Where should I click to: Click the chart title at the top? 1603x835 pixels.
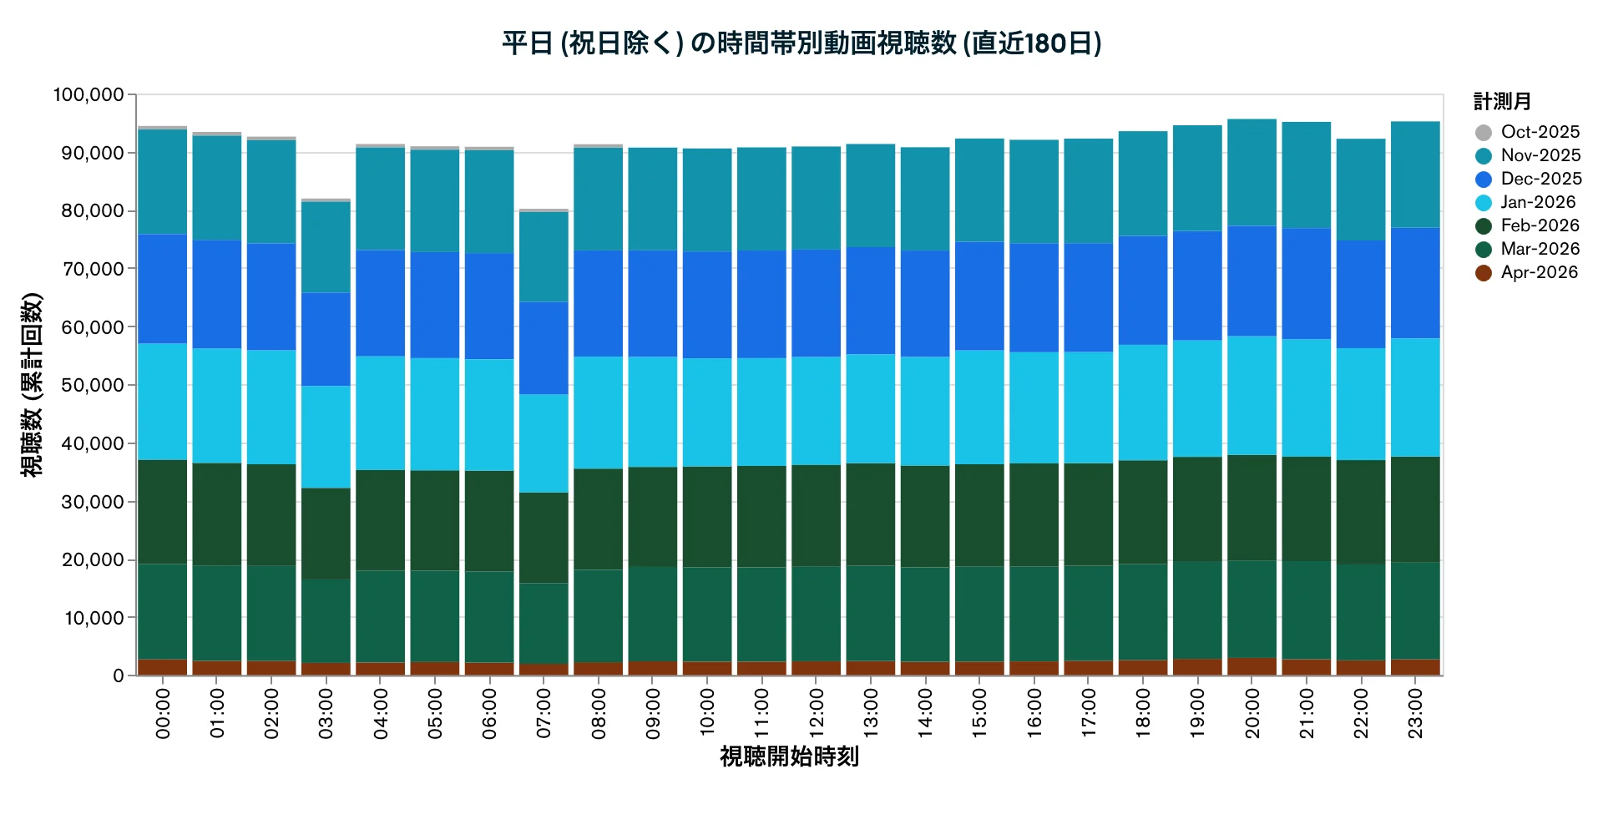pyautogui.click(x=801, y=43)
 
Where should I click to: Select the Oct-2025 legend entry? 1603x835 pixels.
pyautogui.click(x=1527, y=132)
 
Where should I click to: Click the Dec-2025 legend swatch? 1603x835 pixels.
pyautogui.click(x=1484, y=179)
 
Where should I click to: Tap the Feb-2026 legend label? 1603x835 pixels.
pyautogui.click(x=1540, y=225)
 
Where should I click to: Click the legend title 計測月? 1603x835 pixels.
pyautogui.click(x=1502, y=102)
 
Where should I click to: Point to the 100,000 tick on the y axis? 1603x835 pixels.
pyautogui.click(x=88, y=94)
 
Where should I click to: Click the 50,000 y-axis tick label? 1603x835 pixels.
pyautogui.click(x=93, y=385)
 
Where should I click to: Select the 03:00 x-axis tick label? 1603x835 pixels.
pyautogui.click(x=326, y=713)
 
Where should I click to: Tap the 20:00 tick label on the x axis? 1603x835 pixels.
pyautogui.click(x=1252, y=713)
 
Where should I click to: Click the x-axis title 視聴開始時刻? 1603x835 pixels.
pyautogui.click(x=789, y=757)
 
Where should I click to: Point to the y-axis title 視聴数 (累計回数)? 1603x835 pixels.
pyautogui.click(x=32, y=385)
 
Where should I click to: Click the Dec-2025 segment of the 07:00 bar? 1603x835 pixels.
pyautogui.click(x=544, y=347)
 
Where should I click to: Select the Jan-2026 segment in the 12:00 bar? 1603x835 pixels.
pyautogui.click(x=816, y=411)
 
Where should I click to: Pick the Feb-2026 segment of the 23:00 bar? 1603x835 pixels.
pyautogui.click(x=1415, y=509)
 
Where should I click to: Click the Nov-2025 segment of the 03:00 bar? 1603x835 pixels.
pyautogui.click(x=326, y=247)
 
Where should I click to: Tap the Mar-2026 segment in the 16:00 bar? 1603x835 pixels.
pyautogui.click(x=1034, y=614)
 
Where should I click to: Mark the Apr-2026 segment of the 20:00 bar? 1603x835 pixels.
pyautogui.click(x=1252, y=666)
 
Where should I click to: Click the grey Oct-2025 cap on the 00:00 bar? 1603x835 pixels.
pyautogui.click(x=162, y=128)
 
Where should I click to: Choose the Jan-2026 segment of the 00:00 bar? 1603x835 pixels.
pyautogui.click(x=162, y=402)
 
